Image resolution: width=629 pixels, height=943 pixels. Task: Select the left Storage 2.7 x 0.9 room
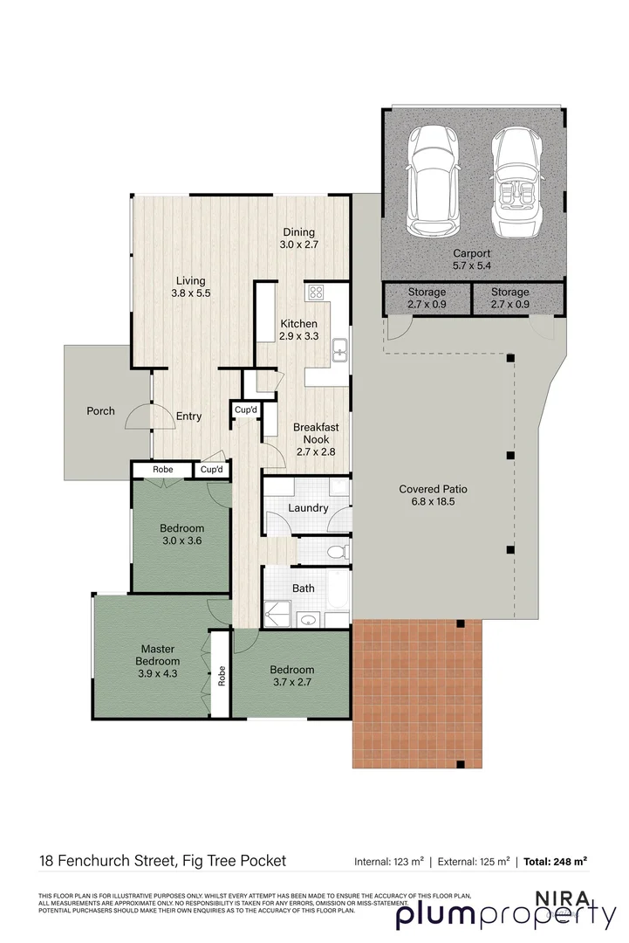coord(427,298)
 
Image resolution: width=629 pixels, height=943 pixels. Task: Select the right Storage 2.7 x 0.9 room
coord(509,298)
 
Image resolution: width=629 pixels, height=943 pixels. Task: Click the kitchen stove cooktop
coord(315,293)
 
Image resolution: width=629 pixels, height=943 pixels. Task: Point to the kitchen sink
coord(340,351)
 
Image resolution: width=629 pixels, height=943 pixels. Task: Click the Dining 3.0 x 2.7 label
coord(298,238)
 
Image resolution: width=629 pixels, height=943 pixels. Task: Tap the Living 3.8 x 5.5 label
coord(190,287)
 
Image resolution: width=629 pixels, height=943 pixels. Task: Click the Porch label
coord(100,410)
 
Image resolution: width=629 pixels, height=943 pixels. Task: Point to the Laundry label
coord(307,508)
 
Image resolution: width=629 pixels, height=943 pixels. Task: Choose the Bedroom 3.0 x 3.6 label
coord(181,534)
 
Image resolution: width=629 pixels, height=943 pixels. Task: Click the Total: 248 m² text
coord(555,862)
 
